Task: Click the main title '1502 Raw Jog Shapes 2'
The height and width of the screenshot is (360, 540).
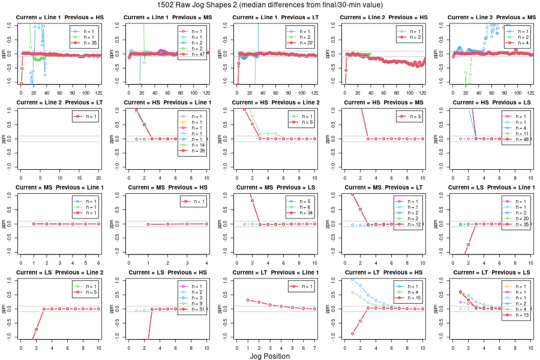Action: click(269, 5)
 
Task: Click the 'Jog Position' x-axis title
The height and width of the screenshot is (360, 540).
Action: click(269, 356)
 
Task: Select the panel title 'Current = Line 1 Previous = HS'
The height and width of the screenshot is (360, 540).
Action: click(59, 17)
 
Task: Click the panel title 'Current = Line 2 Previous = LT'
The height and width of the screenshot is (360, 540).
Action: click(59, 103)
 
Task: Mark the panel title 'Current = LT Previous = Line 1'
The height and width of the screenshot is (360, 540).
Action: click(275, 274)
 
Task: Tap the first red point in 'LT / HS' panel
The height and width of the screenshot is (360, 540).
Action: click(352, 334)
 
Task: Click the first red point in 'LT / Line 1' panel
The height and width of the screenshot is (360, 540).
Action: click(248, 300)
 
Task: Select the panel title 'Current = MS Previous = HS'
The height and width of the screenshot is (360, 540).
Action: click(167, 188)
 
